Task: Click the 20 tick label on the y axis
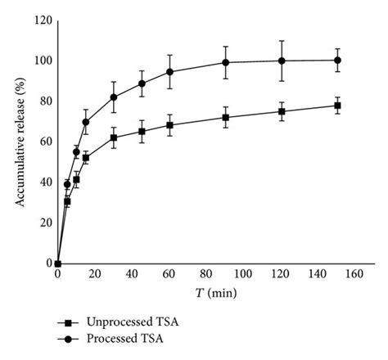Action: coord(45,223)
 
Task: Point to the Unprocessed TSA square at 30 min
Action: coord(114,137)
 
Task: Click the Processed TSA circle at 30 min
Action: coord(114,97)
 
